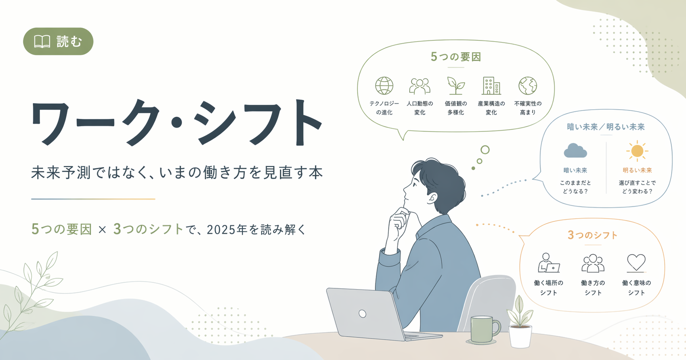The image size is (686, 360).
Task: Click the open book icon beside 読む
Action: [x=42, y=41]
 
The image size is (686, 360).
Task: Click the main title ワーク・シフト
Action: [x=177, y=122]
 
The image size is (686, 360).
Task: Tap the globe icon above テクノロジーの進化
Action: [x=384, y=86]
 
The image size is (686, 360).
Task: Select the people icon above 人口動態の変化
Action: [x=420, y=86]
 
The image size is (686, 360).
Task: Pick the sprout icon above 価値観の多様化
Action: [x=456, y=86]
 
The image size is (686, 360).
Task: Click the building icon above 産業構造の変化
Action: [x=491, y=86]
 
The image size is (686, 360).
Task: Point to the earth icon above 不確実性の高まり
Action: [x=527, y=86]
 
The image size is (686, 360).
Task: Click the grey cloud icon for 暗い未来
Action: [x=575, y=151]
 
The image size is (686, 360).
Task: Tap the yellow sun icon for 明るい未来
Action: [x=637, y=151]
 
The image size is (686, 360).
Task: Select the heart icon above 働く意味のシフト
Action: [x=636, y=263]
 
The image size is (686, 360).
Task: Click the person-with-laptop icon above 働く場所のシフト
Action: [x=549, y=263]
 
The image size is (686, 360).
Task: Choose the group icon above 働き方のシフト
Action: [x=593, y=263]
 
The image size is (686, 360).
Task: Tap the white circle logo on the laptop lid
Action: [x=362, y=314]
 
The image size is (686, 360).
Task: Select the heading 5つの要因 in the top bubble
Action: [x=456, y=57]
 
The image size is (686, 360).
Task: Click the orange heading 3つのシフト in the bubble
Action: [x=592, y=235]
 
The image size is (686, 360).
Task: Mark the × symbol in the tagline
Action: [x=102, y=230]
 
